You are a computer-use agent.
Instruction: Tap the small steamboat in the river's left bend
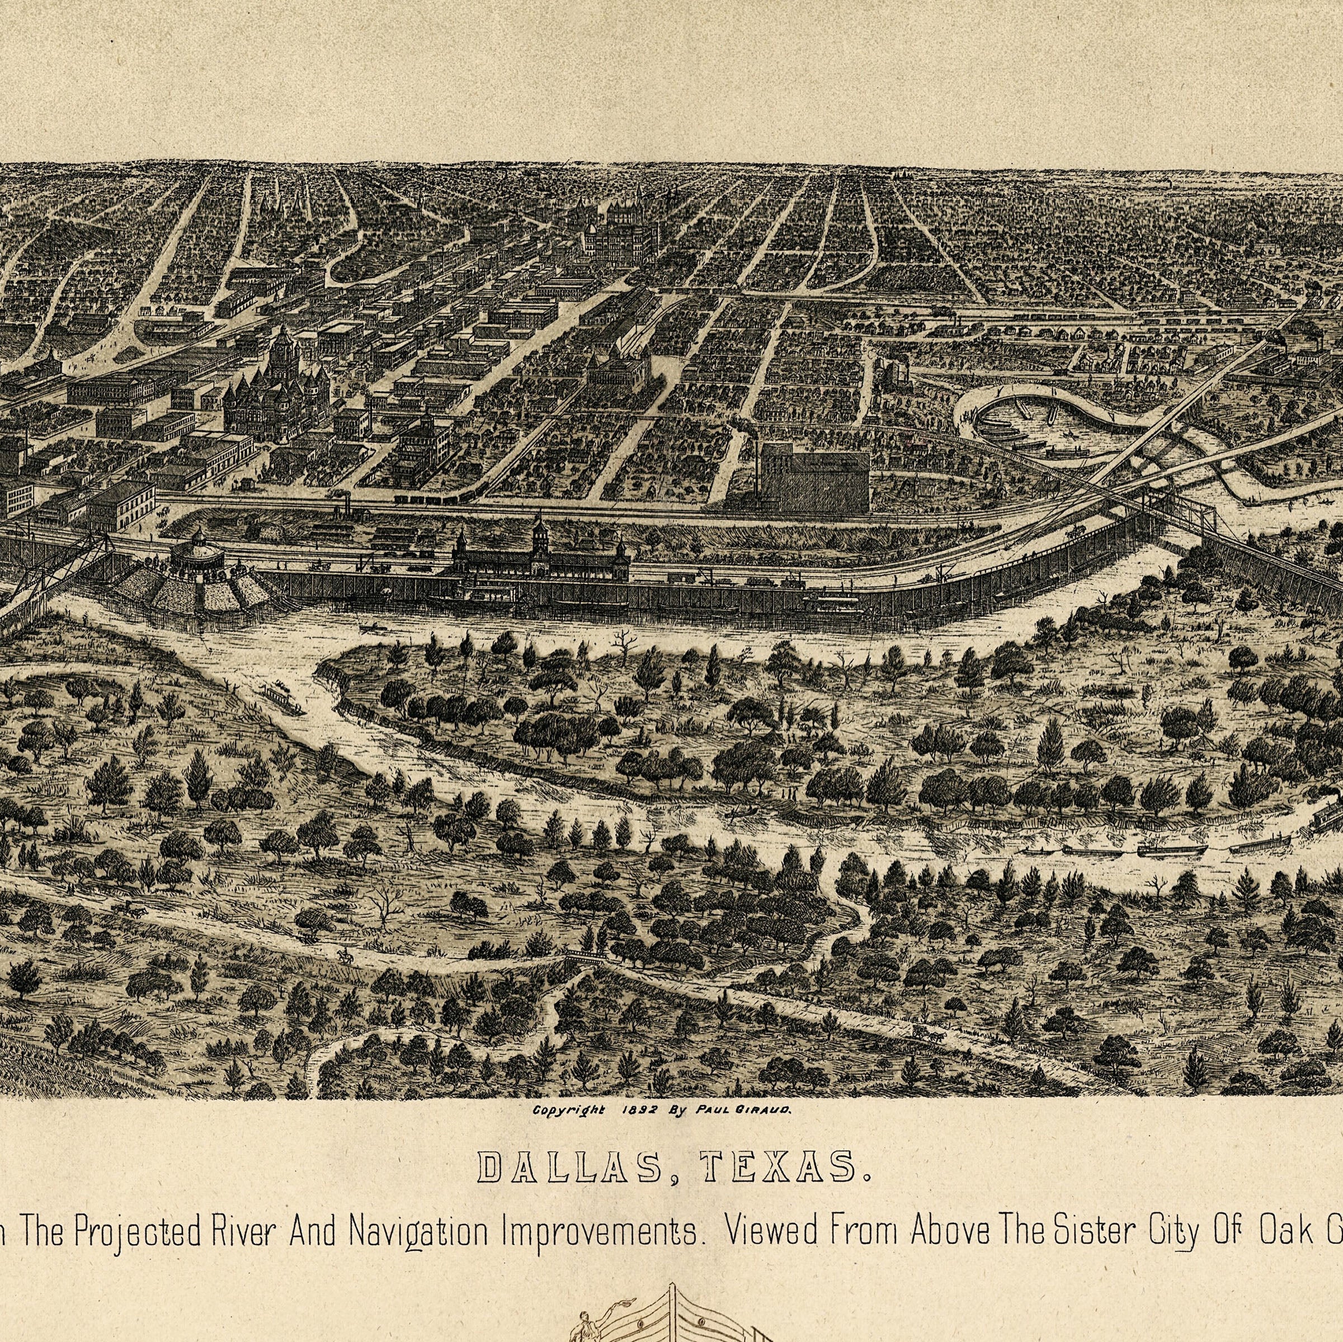pos(281,696)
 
